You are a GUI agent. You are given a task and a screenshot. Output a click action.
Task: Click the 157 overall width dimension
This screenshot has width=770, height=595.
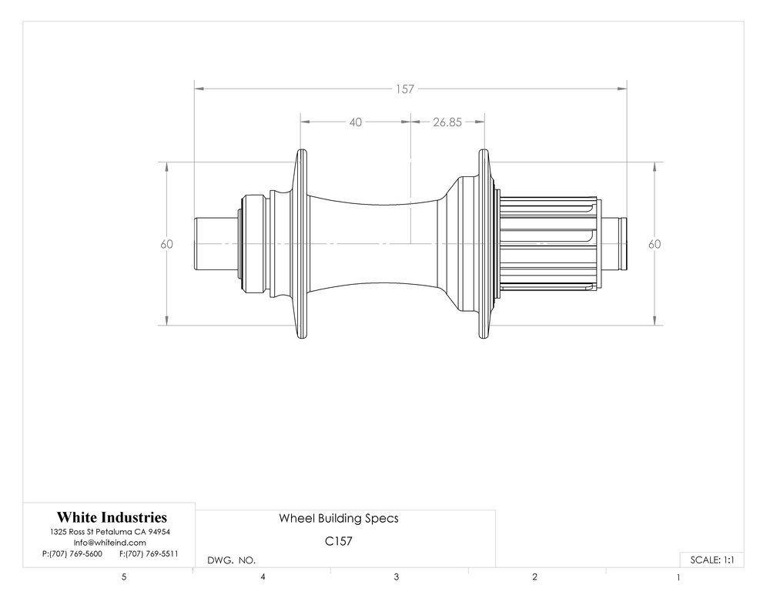coord(405,89)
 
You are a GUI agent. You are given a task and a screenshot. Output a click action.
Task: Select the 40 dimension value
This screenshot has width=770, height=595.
coord(356,122)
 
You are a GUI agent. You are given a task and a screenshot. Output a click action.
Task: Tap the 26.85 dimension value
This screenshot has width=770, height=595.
coord(447,122)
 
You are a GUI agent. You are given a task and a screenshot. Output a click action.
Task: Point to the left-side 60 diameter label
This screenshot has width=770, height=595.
coord(167,244)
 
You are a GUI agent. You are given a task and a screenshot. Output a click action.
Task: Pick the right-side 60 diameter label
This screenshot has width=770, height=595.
coord(654,244)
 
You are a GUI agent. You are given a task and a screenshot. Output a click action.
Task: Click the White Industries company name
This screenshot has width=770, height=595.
coord(112,517)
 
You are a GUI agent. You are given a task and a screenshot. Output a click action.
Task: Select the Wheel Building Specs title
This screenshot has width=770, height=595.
coord(339,519)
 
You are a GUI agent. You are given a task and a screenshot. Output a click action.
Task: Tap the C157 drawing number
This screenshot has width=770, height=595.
coord(339,541)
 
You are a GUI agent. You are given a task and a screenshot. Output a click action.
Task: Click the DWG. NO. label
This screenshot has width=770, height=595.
coord(232,560)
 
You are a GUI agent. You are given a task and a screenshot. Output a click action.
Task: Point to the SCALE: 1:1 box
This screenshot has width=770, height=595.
coord(711,560)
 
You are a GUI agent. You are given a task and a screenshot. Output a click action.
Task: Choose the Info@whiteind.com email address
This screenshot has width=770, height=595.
coord(110,543)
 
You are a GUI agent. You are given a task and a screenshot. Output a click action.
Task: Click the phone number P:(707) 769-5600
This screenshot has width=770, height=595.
coord(72,553)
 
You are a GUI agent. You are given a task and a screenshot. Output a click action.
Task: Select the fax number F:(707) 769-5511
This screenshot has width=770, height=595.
coord(149,553)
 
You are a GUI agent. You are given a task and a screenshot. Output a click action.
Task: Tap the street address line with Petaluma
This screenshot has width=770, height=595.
coord(110,532)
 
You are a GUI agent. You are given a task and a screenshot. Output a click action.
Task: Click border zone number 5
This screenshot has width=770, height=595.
coord(124,577)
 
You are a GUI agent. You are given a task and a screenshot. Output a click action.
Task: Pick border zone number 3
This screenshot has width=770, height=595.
coord(397,577)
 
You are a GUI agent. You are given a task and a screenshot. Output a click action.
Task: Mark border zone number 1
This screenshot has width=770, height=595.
coord(678,577)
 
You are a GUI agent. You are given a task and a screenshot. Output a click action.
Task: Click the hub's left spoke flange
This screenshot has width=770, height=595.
coord(301,244)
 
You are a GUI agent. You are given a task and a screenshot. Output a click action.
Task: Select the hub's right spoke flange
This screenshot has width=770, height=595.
coord(484,244)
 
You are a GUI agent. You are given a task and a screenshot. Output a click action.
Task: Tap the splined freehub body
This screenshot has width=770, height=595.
coord(550,244)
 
